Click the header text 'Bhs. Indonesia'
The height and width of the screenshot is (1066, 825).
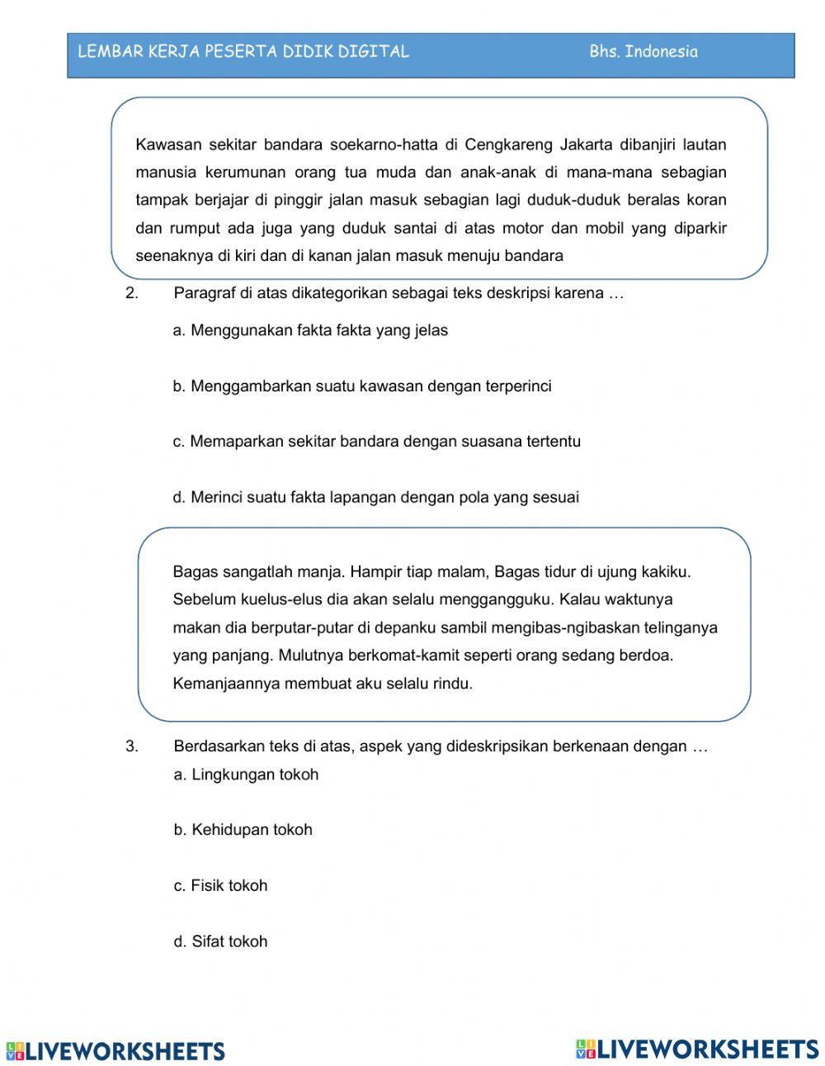click(643, 52)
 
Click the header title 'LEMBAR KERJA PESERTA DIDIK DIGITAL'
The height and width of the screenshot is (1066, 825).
click(243, 52)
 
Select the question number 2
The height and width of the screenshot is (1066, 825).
click(131, 294)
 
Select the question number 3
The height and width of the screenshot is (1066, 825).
click(131, 746)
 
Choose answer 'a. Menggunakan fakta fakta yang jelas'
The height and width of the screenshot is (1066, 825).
click(310, 331)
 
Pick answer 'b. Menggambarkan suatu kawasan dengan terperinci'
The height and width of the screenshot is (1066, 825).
click(361, 386)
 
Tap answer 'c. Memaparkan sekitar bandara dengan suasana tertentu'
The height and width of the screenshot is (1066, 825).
click(376, 442)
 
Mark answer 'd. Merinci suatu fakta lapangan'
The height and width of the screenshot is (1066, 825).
click(375, 498)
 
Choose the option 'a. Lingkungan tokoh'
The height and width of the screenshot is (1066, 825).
click(246, 775)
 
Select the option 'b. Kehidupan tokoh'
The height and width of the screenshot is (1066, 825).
click(243, 830)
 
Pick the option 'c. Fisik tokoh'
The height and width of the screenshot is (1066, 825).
click(220, 886)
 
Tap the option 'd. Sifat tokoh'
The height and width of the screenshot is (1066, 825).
click(220, 941)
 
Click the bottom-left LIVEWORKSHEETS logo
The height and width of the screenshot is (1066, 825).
click(115, 1051)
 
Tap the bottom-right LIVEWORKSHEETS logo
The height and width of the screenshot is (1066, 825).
click(697, 1049)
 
